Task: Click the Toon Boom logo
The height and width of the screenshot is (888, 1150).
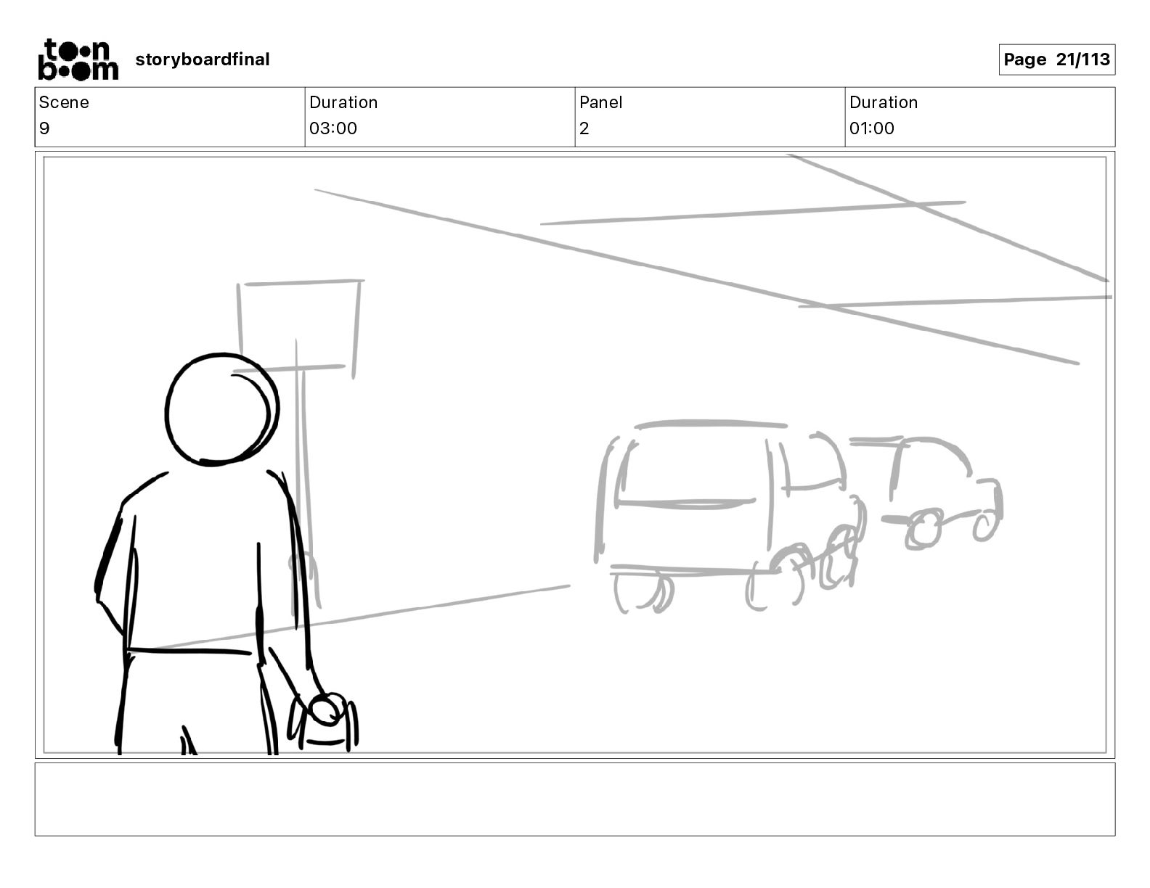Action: pos(78,59)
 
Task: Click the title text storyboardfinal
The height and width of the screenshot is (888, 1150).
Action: pos(202,59)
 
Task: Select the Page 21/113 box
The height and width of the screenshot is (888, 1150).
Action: pos(1056,59)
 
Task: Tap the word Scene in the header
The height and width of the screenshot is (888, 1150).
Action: pos(64,102)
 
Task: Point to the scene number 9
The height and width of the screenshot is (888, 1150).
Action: pos(44,128)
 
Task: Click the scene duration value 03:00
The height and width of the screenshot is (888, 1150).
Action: pos(333,128)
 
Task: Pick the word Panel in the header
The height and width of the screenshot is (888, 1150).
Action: pos(600,102)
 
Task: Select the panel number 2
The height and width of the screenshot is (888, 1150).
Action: pos(584,128)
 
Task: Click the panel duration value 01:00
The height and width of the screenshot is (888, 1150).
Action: pos(872,128)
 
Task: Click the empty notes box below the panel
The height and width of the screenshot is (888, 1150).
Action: pos(574,799)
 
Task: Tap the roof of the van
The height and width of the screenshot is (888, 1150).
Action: pos(710,424)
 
